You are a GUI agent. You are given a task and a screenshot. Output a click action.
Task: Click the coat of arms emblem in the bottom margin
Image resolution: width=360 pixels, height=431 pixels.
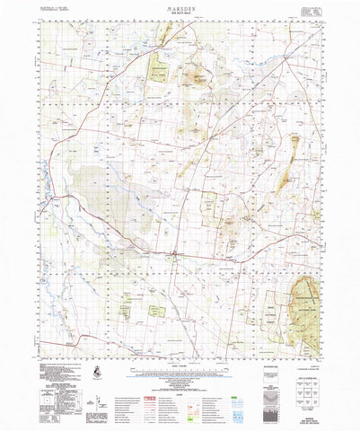pyautogui.click(x=97, y=371)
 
